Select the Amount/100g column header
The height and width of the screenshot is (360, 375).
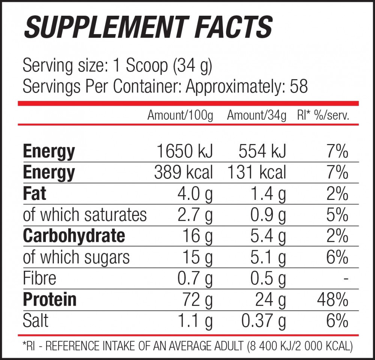180,115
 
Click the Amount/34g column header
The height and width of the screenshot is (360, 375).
256,115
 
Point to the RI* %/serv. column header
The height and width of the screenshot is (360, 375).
323,115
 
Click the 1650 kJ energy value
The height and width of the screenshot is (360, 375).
184,151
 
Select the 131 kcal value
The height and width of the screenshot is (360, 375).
256,172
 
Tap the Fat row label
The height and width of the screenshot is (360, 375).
34,194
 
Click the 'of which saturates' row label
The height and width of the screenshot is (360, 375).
85,215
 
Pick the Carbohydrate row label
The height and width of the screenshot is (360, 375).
74,236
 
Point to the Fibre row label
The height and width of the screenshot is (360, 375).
39,278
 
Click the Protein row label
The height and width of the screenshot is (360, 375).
49,299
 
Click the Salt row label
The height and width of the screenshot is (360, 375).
36,321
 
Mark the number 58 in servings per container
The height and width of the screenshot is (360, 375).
299,87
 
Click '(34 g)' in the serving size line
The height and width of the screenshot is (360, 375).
192,66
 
